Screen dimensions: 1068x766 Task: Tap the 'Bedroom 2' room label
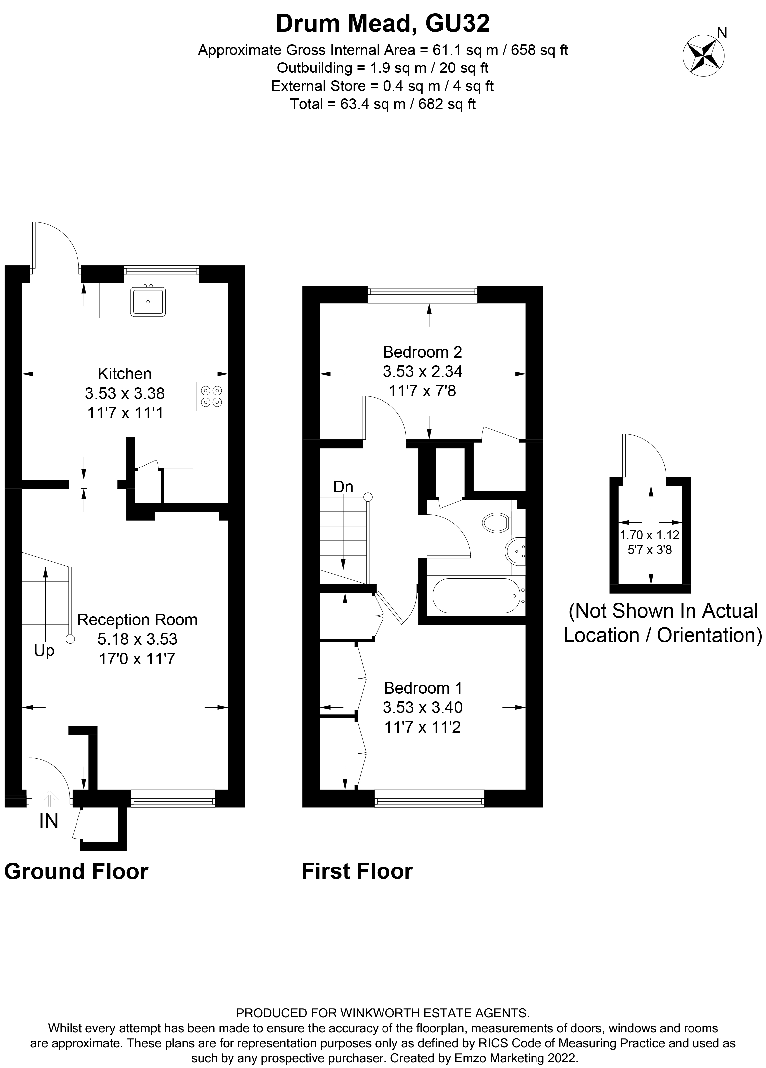click(422, 352)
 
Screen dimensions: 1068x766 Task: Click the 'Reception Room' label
click(137, 620)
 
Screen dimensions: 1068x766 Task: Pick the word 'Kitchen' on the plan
click(124, 373)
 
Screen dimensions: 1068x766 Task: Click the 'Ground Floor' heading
click(76, 871)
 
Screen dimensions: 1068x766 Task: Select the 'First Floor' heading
click(357, 871)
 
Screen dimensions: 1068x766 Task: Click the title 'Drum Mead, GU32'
click(383, 24)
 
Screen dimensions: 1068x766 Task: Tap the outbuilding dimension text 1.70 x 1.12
click(649, 535)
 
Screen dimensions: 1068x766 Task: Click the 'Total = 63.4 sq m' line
click(383, 104)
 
